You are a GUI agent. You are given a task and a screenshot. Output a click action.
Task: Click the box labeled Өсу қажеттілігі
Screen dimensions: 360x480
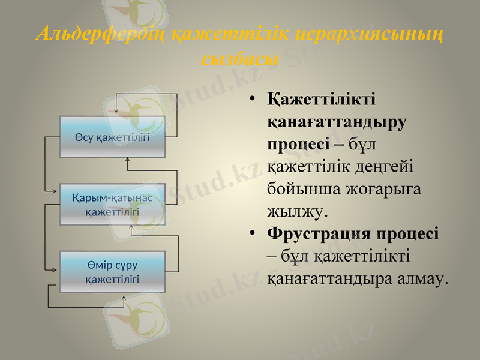[x=112, y=137]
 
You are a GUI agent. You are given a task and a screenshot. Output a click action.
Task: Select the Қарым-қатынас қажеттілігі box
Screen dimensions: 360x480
[x=112, y=204]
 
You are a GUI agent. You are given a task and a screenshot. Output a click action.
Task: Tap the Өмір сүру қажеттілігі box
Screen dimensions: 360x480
[x=112, y=272]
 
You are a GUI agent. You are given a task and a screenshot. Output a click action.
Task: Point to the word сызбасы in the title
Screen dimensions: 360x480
[x=239, y=59]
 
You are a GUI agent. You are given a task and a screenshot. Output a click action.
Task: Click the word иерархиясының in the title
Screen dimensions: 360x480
[x=374, y=34]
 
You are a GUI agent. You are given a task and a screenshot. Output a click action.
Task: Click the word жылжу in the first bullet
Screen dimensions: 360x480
[x=296, y=211]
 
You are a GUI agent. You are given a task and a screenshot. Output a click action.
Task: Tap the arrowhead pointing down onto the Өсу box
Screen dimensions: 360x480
[x=116, y=113]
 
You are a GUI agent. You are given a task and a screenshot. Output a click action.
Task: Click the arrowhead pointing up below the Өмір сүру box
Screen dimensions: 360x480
[x=124, y=298]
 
